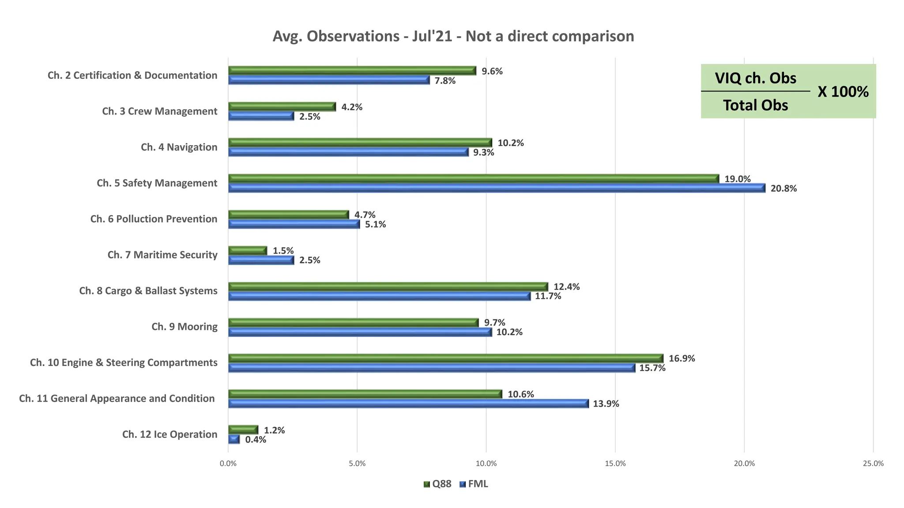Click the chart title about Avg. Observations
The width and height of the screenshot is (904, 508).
pos(453,36)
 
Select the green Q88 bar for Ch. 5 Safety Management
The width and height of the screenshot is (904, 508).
pos(473,179)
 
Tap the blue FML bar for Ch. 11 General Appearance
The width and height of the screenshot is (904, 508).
pos(408,403)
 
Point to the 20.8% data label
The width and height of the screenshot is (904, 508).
pos(783,189)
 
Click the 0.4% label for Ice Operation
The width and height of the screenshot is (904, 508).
pos(256,440)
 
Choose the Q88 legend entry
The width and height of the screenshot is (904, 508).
pos(437,484)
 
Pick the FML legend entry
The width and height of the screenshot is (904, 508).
pos(474,484)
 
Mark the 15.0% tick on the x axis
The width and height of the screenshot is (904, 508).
pos(615,463)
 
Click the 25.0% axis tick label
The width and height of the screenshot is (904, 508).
pos(873,463)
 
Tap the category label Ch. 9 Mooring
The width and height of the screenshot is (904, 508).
pos(185,327)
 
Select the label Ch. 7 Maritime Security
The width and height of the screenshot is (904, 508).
pos(162,255)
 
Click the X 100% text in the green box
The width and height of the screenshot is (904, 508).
pos(843,92)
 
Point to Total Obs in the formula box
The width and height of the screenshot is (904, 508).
pos(755,105)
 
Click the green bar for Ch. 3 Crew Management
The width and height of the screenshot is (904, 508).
pos(282,107)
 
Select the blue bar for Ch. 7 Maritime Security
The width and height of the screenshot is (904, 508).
pos(261,260)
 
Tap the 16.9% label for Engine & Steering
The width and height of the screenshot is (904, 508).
pos(682,359)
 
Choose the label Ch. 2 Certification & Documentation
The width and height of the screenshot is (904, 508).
pos(132,75)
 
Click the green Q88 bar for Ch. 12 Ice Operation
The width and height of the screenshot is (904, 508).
pos(243,430)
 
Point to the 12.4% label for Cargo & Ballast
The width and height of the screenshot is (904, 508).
pos(566,287)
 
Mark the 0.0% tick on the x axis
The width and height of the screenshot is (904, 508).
pos(228,463)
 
